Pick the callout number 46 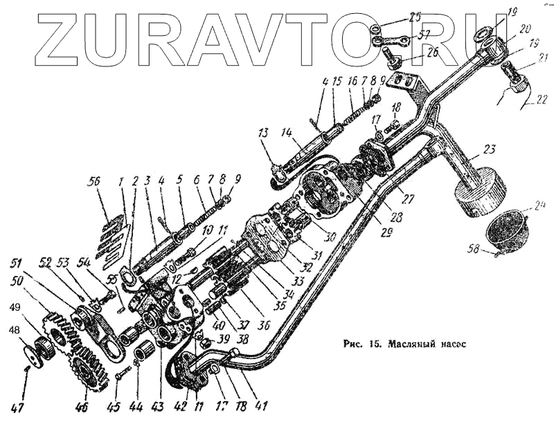point(82,407)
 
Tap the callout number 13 point(265,132)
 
